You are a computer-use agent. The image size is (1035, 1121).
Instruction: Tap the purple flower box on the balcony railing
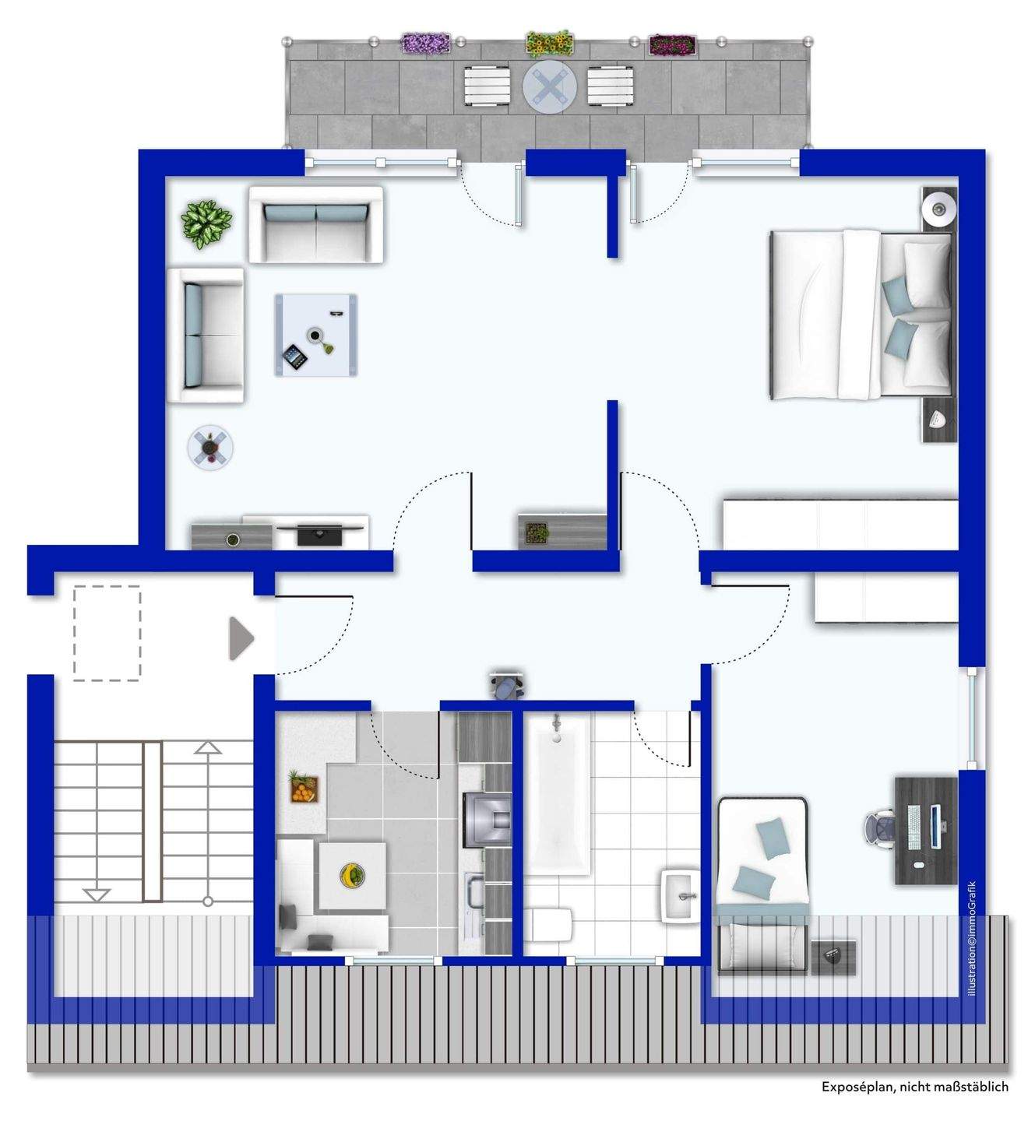click(x=426, y=43)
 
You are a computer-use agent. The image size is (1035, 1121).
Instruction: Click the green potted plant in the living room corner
click(x=206, y=223)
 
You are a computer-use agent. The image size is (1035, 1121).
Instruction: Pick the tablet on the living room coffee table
click(x=295, y=357)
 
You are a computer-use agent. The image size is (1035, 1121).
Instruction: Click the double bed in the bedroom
click(x=861, y=315)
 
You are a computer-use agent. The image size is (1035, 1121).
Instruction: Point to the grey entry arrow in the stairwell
click(x=241, y=638)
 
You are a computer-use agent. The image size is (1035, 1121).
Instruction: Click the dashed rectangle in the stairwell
click(x=107, y=633)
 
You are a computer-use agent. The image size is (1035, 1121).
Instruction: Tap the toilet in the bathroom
click(x=548, y=925)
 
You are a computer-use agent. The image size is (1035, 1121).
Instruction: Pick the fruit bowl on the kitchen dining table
click(x=352, y=875)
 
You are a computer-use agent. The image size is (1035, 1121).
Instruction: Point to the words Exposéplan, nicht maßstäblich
click(x=914, y=1086)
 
